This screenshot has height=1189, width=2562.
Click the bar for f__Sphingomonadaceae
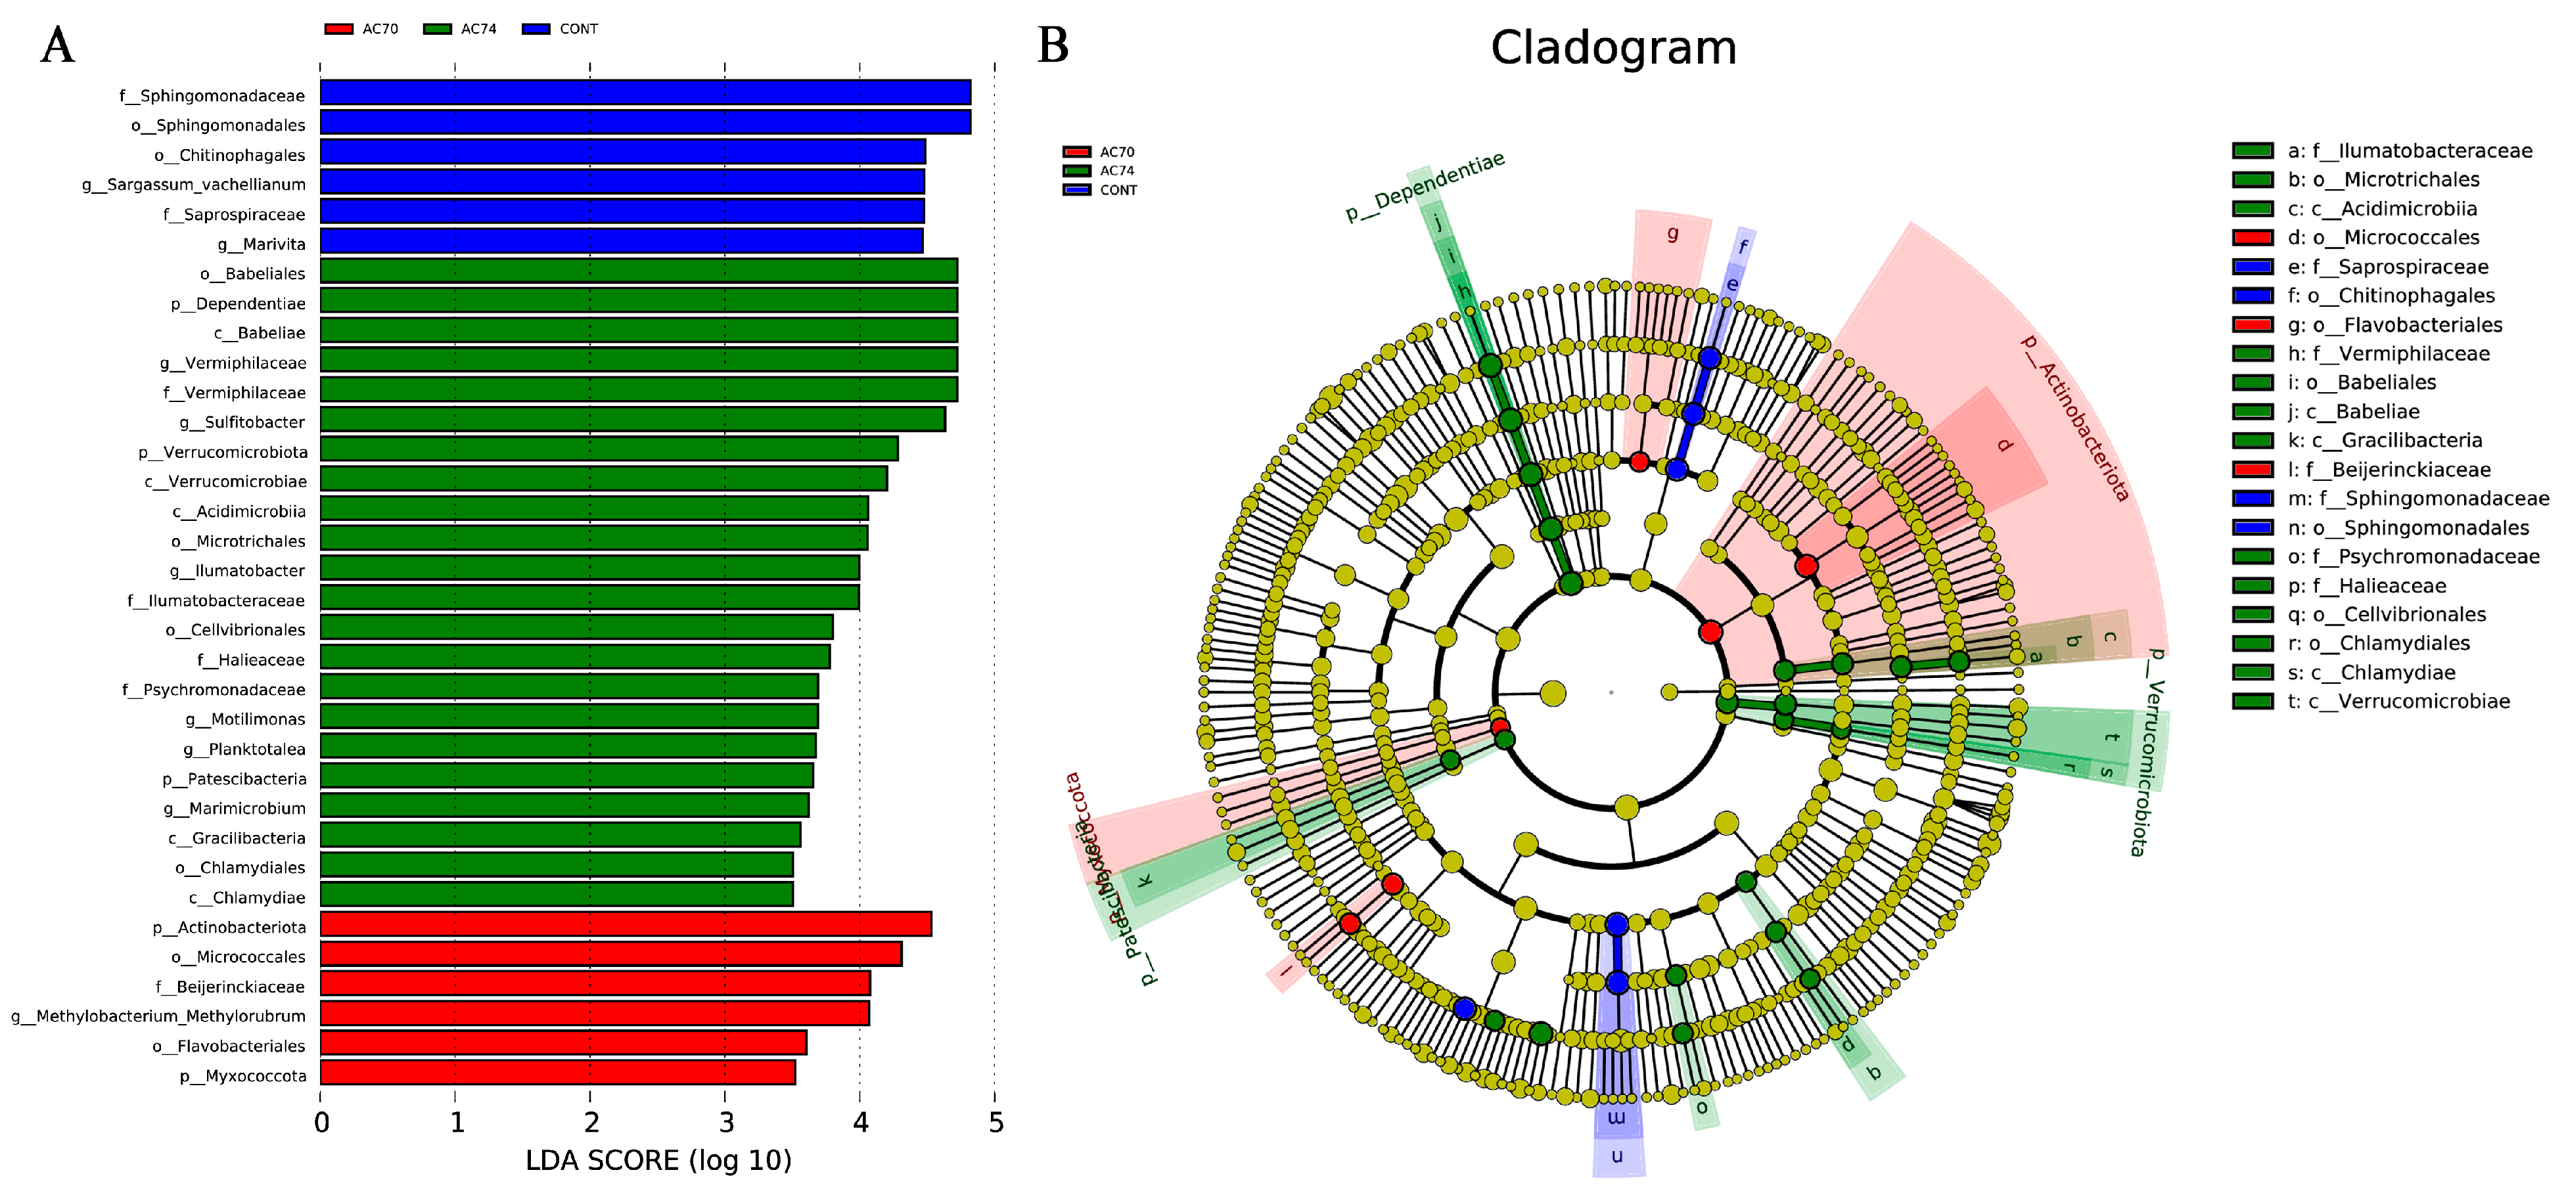point(645,93)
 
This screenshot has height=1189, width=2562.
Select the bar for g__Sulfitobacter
point(633,420)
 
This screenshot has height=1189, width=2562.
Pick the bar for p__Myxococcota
point(557,1073)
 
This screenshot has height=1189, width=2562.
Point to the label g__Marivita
point(262,244)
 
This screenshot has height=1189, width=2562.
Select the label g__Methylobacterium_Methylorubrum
point(158,1016)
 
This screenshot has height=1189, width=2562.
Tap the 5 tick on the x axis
point(995,1123)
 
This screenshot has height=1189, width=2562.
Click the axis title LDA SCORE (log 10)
point(658,1160)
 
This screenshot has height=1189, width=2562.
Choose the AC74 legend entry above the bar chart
point(461,29)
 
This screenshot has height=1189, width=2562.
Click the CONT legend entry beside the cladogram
point(1101,190)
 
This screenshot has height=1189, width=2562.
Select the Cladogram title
point(1613,48)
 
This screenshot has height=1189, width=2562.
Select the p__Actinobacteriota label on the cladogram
point(2074,418)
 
